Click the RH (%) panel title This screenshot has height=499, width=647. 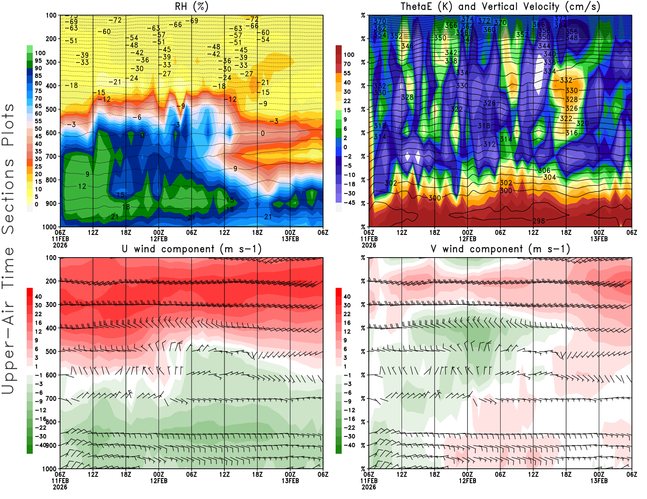pyautogui.click(x=191, y=6)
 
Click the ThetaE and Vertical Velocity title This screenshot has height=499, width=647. pyautogui.click(x=500, y=6)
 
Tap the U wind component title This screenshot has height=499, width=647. pyautogui.click(x=192, y=249)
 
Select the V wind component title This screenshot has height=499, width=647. pyautogui.click(x=500, y=249)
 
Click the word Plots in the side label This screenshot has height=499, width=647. pyautogui.click(x=8, y=125)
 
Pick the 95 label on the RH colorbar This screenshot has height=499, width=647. pyautogui.click(x=38, y=61)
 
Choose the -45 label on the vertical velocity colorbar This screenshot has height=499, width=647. pyautogui.click(x=349, y=203)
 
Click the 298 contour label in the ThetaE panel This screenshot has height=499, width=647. pyautogui.click(x=539, y=221)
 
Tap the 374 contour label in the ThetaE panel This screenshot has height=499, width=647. pyautogui.click(x=467, y=19)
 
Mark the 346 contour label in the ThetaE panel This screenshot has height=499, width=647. pyautogui.click(x=407, y=46)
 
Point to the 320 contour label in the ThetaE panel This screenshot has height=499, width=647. pyautogui.click(x=582, y=124)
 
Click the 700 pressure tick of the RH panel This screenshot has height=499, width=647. pyautogui.click(x=51, y=156)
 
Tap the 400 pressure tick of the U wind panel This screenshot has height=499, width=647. pyautogui.click(x=51, y=328)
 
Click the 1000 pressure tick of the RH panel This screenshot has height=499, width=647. pyautogui.click(x=49, y=227)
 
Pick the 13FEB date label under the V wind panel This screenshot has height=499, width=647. pyautogui.click(x=599, y=481)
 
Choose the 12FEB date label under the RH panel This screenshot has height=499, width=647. pyautogui.click(x=159, y=239)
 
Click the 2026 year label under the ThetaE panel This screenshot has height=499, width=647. pyautogui.click(x=369, y=245)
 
